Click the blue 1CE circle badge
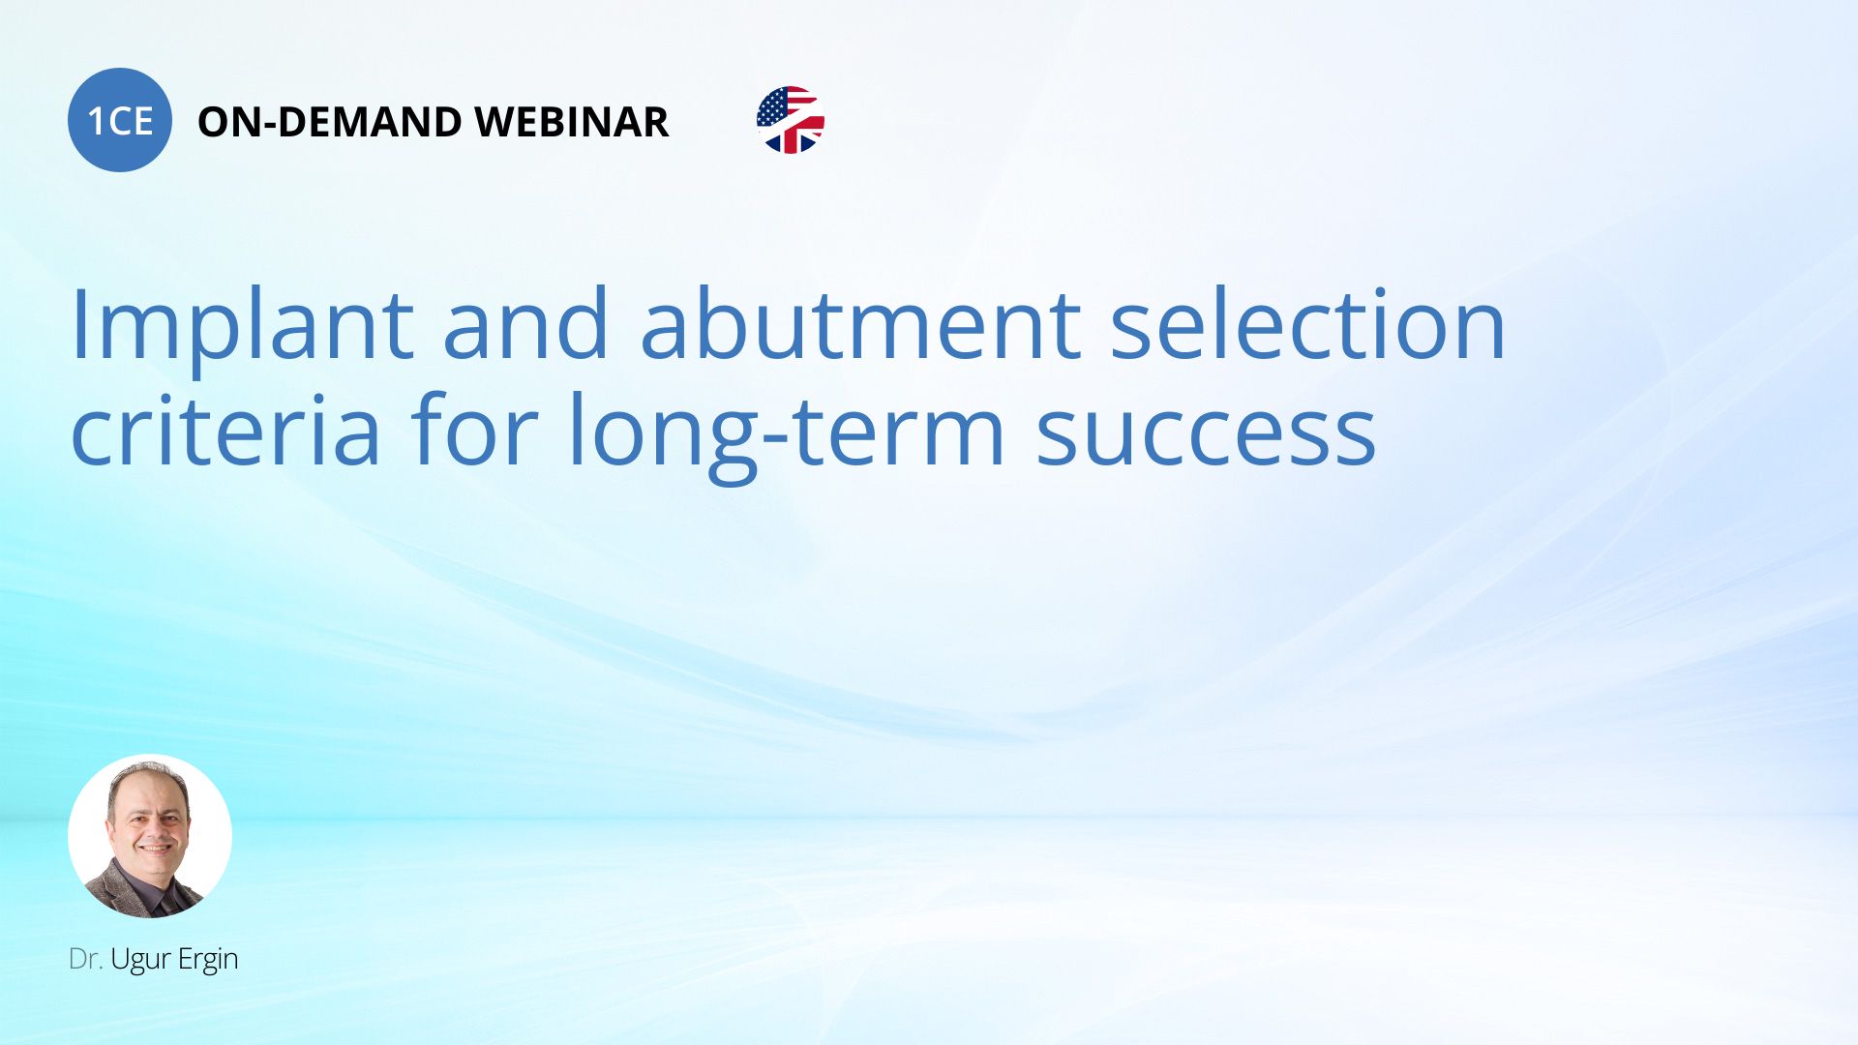tap(120, 120)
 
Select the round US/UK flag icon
tap(791, 120)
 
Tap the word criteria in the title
tap(225, 430)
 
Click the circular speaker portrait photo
tap(150, 836)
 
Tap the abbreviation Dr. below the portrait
tap(85, 959)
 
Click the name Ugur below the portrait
tap(140, 961)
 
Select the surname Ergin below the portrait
tap(208, 961)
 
